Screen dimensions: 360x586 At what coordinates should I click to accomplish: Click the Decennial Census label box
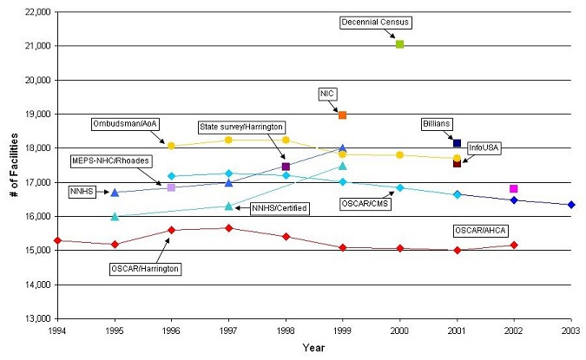pos(375,22)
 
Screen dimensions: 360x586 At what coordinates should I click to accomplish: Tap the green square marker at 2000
pos(399,44)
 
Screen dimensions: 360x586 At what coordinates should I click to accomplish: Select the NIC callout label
pos(327,93)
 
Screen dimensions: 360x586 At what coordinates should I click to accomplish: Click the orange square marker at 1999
pos(342,115)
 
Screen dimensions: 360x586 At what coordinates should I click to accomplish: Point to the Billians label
pos(437,123)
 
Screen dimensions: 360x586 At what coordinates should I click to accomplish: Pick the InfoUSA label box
pos(484,148)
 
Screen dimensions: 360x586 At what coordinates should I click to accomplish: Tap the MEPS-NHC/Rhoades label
pos(109,161)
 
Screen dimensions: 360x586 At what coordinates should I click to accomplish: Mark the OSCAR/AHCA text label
pos(481,231)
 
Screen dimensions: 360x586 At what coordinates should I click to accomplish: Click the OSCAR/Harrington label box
pos(145,269)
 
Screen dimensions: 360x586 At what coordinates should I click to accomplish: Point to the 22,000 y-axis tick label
pos(33,12)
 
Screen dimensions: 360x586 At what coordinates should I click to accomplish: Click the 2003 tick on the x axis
pos(570,331)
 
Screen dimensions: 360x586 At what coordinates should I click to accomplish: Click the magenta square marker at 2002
pos(514,188)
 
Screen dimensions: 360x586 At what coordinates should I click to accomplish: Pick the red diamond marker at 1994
pos(57,240)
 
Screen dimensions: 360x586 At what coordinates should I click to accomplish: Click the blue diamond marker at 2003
pos(570,205)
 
